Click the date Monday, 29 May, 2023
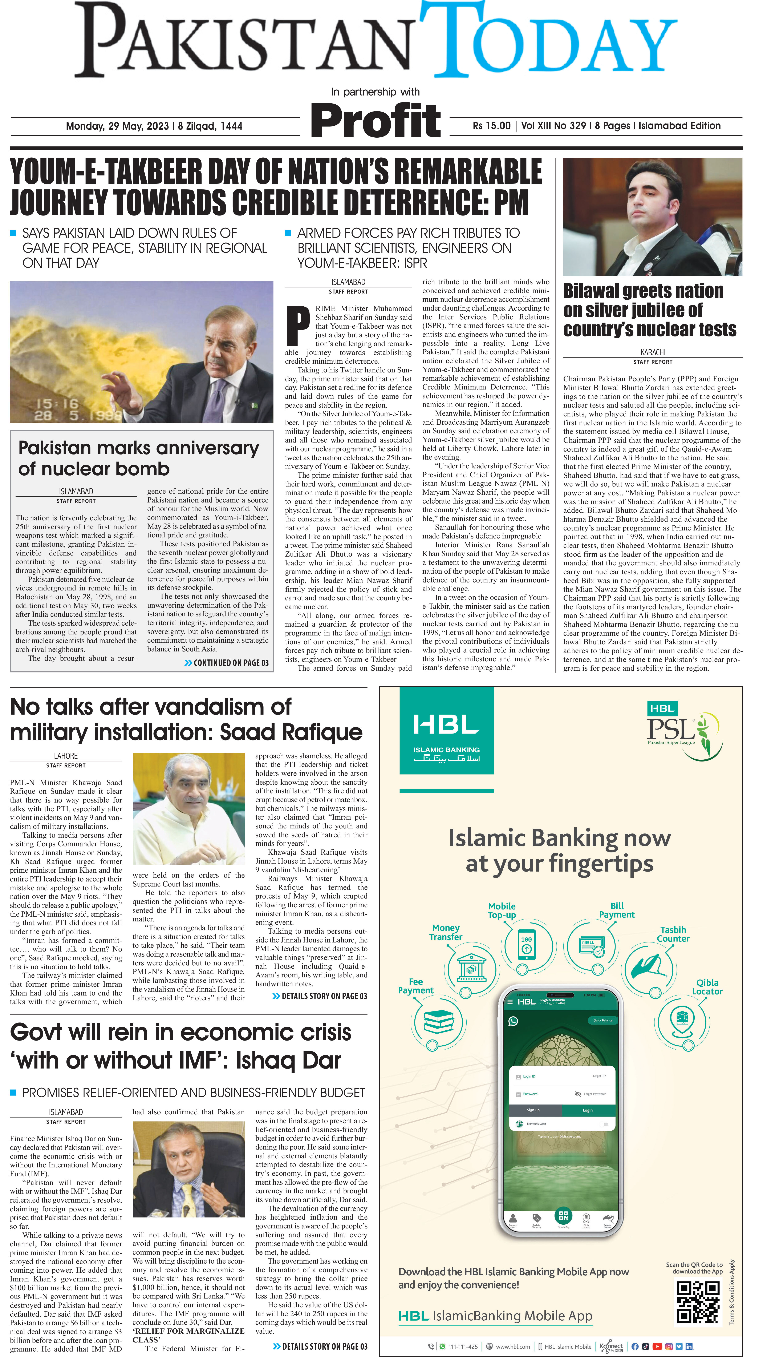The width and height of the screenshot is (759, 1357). [x=117, y=126]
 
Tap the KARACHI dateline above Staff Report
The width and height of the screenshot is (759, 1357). [x=653, y=352]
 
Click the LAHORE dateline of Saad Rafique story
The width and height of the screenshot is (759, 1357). [x=66, y=756]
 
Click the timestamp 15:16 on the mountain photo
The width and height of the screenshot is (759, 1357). [x=57, y=404]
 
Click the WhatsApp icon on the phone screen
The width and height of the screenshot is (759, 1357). [x=513, y=1021]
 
